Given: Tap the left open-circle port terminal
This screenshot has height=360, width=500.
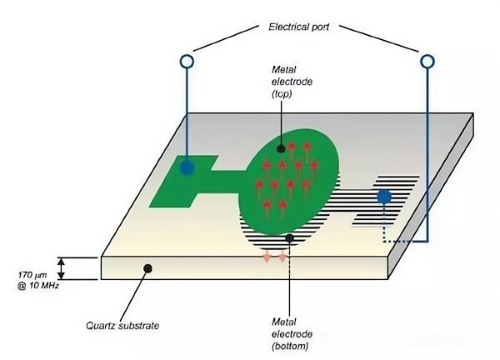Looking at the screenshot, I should (187, 61).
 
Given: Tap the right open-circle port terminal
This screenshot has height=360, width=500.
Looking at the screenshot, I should (427, 61).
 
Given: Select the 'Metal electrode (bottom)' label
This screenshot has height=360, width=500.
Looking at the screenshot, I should (289, 333).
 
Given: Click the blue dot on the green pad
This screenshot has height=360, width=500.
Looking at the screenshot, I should (187, 168).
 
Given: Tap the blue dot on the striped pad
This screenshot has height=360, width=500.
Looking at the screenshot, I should (383, 197).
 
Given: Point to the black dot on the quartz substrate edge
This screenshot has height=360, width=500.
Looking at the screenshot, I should (147, 268).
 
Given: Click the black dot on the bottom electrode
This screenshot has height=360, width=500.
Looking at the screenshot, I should (289, 239).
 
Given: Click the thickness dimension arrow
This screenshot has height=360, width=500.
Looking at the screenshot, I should (60, 268).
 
